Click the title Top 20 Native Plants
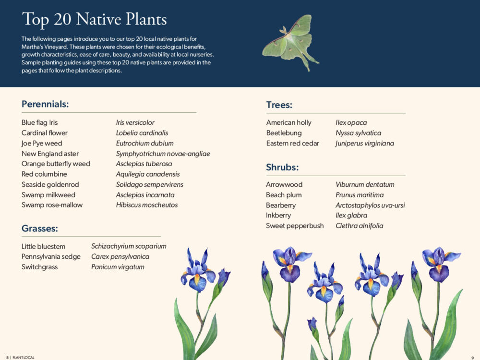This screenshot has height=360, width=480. (94, 19)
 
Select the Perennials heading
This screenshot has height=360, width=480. (45, 104)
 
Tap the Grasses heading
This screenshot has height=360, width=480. (39, 228)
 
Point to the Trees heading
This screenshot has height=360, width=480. (279, 105)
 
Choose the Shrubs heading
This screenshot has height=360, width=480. (282, 168)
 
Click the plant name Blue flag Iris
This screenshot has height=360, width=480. (39, 122)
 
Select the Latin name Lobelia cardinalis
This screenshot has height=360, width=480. (142, 133)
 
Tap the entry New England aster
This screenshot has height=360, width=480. (50, 154)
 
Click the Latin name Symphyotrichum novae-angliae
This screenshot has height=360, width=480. (163, 154)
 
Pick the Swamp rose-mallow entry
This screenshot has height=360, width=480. (52, 205)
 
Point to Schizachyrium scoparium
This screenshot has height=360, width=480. (129, 246)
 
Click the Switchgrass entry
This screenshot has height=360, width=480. (39, 267)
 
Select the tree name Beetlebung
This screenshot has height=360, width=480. (284, 133)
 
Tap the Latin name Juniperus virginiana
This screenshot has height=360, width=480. (365, 143)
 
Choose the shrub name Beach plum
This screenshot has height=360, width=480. (284, 195)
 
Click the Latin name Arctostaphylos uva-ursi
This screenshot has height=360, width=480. (370, 205)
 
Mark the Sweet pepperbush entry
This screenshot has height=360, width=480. (295, 226)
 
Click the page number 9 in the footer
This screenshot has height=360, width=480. (472, 357)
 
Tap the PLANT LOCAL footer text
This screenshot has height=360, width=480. (23, 357)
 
